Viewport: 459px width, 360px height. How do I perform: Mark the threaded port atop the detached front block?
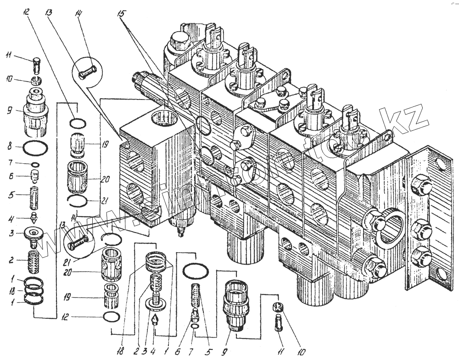tap(164, 121)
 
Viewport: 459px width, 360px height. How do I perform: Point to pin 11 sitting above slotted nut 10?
tap(38, 63)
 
